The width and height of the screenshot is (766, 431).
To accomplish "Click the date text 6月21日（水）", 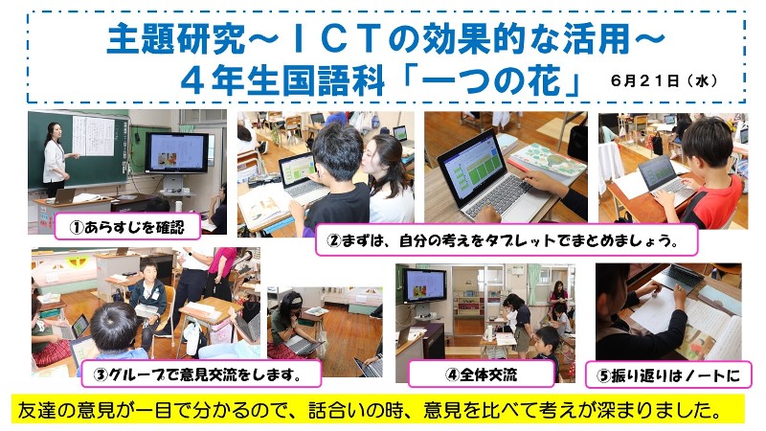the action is pyautogui.click(x=665, y=80).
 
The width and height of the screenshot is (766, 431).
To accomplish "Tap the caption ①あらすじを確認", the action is pyautogui.click(x=127, y=227).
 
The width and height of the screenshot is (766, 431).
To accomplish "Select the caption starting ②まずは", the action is pyautogui.click(x=506, y=240).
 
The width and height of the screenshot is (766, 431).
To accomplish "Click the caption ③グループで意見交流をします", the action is pyautogui.click(x=198, y=374).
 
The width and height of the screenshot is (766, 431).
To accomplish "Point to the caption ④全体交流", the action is pyautogui.click(x=482, y=374).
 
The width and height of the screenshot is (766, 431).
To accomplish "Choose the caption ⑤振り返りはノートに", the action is pyautogui.click(x=668, y=375).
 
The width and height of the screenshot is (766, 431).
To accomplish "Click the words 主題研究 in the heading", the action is pyautogui.click(x=175, y=39).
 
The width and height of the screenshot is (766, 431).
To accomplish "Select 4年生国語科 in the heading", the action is pyautogui.click(x=282, y=80).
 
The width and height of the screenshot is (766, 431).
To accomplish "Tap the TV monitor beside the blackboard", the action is pyautogui.click(x=176, y=152).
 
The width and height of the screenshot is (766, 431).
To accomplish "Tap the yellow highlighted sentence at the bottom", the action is pyautogui.click(x=371, y=410).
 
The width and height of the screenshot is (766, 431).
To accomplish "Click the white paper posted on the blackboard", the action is pyautogui.click(x=93, y=136).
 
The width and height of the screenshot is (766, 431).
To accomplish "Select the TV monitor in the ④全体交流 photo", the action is pyautogui.click(x=424, y=284).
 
